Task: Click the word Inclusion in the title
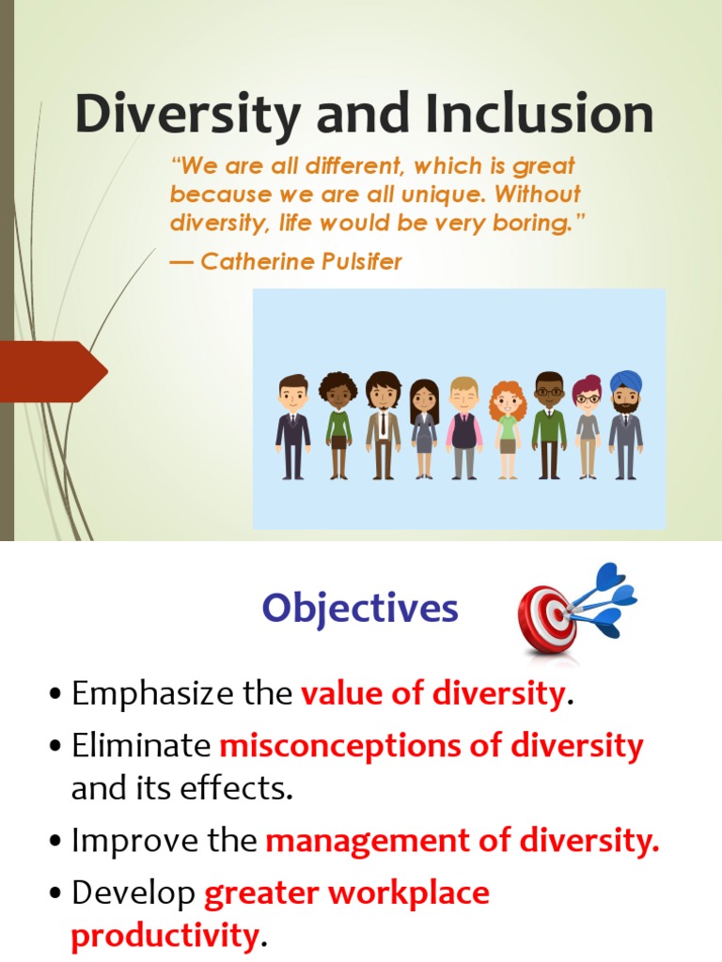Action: pyautogui.click(x=538, y=115)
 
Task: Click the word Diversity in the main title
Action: pyautogui.click(x=188, y=115)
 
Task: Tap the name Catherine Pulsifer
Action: pyautogui.click(x=301, y=262)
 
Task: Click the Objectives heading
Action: pyautogui.click(x=360, y=609)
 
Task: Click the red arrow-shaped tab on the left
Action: pyautogui.click(x=52, y=372)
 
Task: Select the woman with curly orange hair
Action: pyautogui.click(x=508, y=428)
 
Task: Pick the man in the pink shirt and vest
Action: pyautogui.click(x=463, y=427)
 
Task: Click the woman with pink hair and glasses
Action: pyautogui.click(x=587, y=427)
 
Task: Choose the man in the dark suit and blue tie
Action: pyautogui.click(x=293, y=427)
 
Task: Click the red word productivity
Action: pyautogui.click(x=164, y=937)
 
